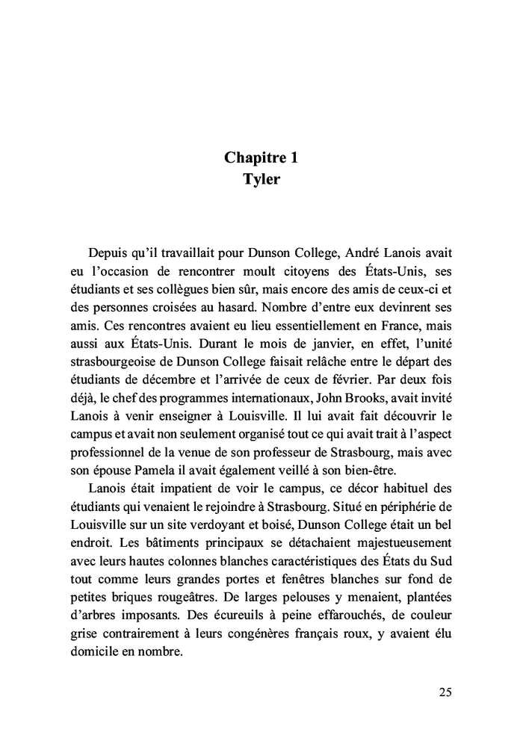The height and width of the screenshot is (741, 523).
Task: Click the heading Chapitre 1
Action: pos(261,158)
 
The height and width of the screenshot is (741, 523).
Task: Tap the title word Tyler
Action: pos(261,180)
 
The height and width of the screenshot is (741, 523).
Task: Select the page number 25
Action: pos(445,692)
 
